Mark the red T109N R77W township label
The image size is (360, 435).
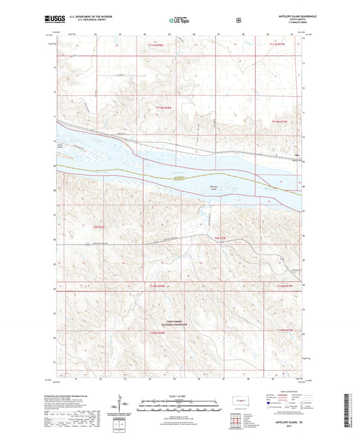tap(287, 330)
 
